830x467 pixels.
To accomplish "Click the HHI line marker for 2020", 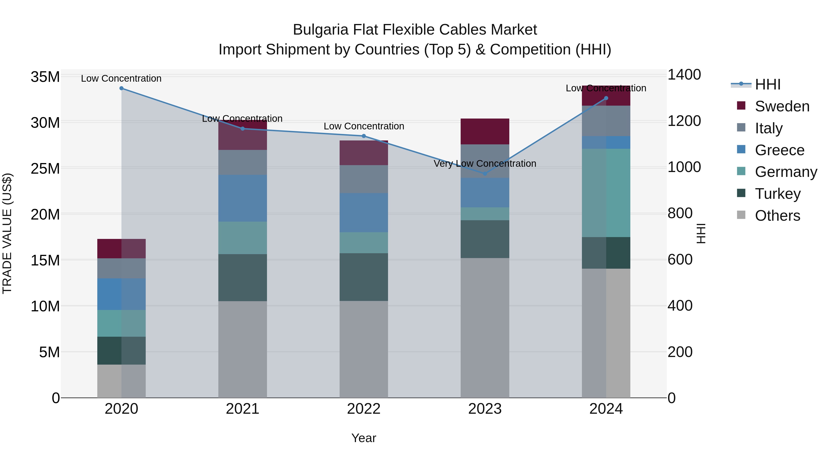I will [x=122, y=88].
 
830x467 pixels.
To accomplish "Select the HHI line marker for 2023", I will [x=485, y=174].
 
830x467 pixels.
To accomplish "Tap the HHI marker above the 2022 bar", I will [x=364, y=136].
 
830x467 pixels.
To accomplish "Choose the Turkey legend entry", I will [x=777, y=194].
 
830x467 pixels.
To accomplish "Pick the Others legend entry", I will [x=777, y=216].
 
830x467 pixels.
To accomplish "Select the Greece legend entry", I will [x=780, y=150].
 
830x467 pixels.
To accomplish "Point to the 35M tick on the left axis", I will [x=45, y=77].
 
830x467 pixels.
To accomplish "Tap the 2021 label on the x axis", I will [x=243, y=409].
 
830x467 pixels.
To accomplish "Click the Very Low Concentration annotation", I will [x=485, y=164].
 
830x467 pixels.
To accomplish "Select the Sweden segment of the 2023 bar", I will [x=485, y=131].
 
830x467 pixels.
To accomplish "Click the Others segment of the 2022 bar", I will [x=364, y=349].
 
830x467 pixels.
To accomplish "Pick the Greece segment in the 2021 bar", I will [x=243, y=198].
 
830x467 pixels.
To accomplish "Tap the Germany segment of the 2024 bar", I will [x=606, y=193].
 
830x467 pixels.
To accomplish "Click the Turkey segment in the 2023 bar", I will [x=485, y=239].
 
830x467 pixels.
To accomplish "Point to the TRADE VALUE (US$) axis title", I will [x=7, y=233].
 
